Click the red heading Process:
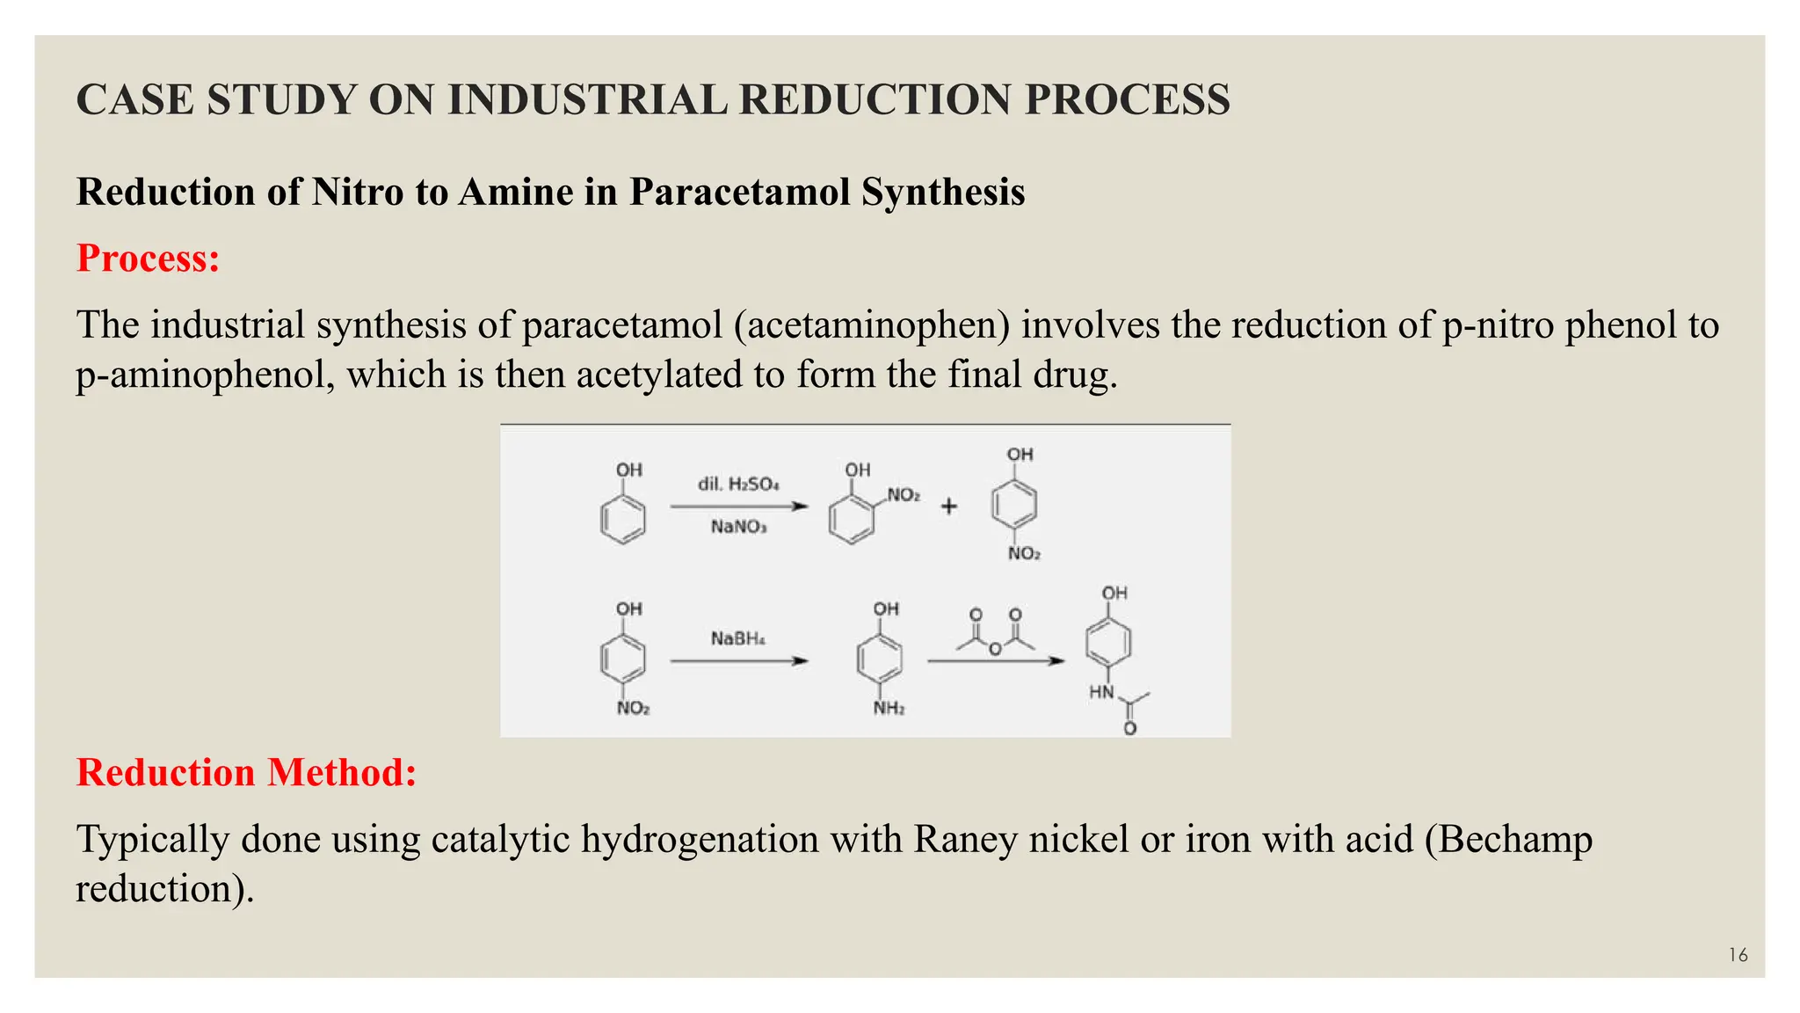(x=148, y=259)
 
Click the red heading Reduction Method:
(x=246, y=773)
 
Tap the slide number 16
(x=1738, y=955)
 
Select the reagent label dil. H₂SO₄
(x=738, y=485)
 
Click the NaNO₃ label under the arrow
(x=738, y=527)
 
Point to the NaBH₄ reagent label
(x=737, y=638)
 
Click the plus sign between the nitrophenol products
(x=949, y=506)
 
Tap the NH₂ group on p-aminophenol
(x=889, y=709)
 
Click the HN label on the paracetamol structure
(x=1101, y=693)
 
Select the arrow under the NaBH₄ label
(x=738, y=661)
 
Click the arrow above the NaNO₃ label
(x=738, y=506)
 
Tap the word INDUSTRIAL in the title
(x=587, y=99)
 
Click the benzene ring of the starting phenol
(x=622, y=518)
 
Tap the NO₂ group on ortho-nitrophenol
(x=904, y=495)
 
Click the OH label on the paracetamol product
(x=1114, y=594)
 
